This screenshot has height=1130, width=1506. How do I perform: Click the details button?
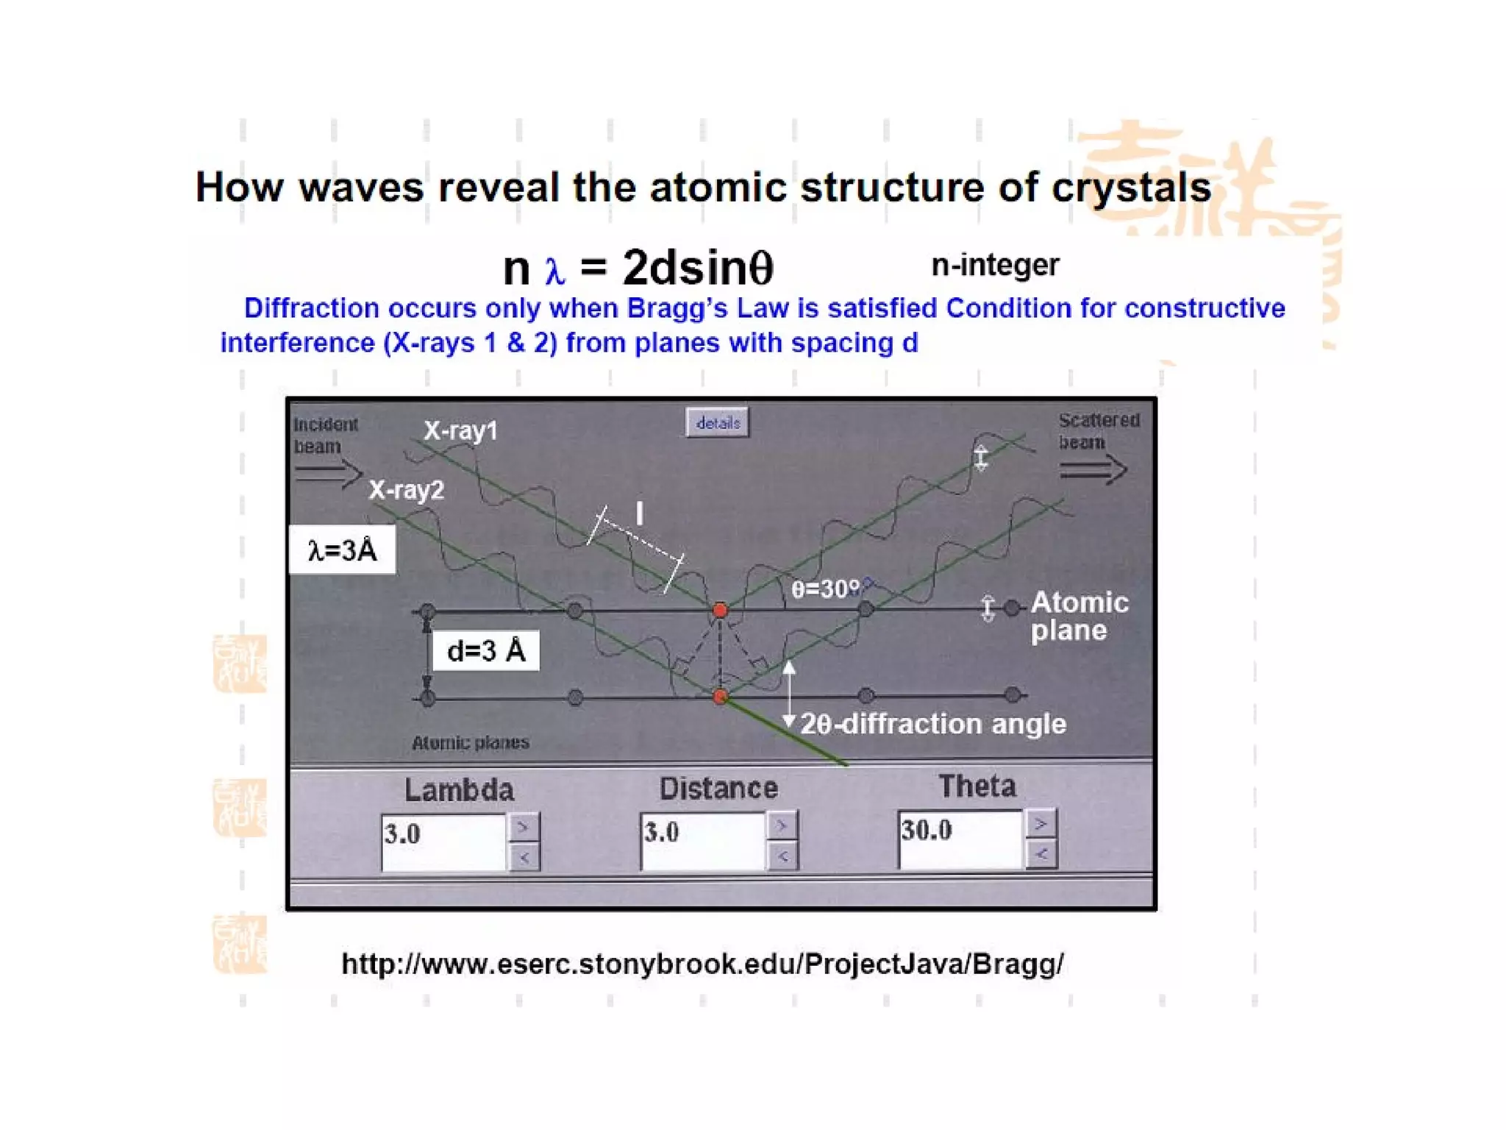pos(717,423)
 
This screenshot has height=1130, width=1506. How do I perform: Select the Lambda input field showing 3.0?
pos(443,842)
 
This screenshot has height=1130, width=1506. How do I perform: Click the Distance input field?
pos(702,840)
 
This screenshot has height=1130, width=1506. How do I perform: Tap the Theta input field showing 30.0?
pos(960,838)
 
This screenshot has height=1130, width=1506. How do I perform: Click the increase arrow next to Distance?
pos(782,825)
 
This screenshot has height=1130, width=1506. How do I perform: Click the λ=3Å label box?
pos(342,550)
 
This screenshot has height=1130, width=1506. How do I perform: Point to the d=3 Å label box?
pos(485,650)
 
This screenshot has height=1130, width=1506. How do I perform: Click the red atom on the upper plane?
pos(720,610)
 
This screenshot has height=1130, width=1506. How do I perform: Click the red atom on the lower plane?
pos(720,696)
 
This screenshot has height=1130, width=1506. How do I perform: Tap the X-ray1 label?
pos(460,430)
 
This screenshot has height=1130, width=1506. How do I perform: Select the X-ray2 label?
pos(406,490)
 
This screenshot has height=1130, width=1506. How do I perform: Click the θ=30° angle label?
pos(825,589)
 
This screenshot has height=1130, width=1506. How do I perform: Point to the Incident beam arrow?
pos(328,472)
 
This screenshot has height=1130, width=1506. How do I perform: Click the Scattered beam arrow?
pos(1093,469)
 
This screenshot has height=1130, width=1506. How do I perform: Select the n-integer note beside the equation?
pos(994,265)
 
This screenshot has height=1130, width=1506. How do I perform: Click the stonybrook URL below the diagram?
pos(702,964)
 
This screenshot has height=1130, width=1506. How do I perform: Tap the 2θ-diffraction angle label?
pos(932,724)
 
